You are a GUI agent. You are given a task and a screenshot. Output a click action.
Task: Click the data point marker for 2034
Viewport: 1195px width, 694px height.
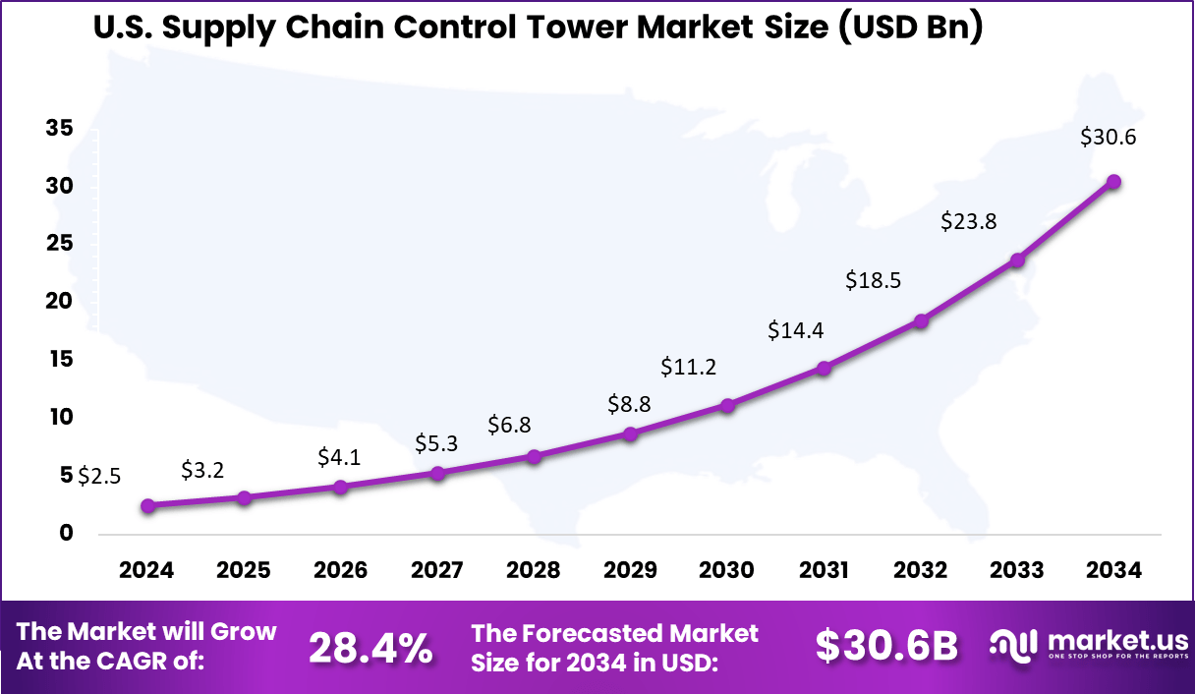1113,182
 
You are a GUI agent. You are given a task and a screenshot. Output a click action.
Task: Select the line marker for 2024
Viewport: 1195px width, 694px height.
147,506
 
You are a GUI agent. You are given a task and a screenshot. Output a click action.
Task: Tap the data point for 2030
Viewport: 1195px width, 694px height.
727,405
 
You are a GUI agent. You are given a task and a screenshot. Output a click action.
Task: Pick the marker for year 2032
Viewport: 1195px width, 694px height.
921,320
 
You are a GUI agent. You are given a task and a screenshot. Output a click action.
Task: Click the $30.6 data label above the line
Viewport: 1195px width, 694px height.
1108,138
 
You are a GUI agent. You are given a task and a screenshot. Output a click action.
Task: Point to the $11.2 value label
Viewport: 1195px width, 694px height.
688,368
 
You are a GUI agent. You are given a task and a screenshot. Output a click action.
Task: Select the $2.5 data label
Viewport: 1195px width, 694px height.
99,477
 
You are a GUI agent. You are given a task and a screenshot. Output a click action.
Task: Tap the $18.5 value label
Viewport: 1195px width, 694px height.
874,280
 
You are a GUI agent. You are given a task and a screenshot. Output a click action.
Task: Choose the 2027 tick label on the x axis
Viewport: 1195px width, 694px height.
437,570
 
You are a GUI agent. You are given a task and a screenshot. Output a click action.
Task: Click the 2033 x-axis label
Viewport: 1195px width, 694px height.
1017,570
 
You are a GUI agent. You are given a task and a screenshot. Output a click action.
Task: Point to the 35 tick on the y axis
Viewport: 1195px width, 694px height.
58,128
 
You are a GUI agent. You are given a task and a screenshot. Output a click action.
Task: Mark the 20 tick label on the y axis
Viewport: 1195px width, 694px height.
58,301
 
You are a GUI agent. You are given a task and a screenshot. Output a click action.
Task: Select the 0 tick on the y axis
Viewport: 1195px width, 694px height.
66,533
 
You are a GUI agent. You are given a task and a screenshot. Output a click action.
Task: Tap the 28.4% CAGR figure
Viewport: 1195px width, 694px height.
370,648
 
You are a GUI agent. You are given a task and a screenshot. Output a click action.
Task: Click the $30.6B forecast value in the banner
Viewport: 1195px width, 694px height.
886,646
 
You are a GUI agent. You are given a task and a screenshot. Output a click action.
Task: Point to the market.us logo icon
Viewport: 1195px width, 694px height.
1013,645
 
